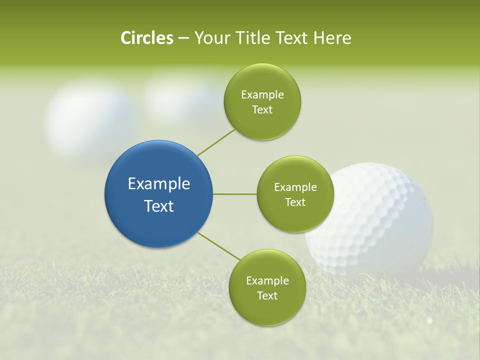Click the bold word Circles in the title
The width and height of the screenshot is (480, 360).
[146, 38]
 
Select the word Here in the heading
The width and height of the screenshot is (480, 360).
[332, 38]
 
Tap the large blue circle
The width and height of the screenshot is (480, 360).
[159, 194]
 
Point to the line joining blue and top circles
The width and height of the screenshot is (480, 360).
[216, 141]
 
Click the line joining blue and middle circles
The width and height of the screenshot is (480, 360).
[235, 194]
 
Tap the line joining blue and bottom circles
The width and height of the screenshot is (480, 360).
[219, 245]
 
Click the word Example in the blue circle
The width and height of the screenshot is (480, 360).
[159, 184]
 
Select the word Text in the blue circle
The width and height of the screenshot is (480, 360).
[159, 206]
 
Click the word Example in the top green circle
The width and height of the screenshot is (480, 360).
[262, 95]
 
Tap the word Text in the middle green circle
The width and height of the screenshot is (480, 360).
[295, 202]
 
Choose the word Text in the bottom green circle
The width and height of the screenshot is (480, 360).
[267, 296]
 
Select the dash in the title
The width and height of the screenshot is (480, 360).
[183, 38]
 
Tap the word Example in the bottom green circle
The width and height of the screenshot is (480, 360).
[267, 281]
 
